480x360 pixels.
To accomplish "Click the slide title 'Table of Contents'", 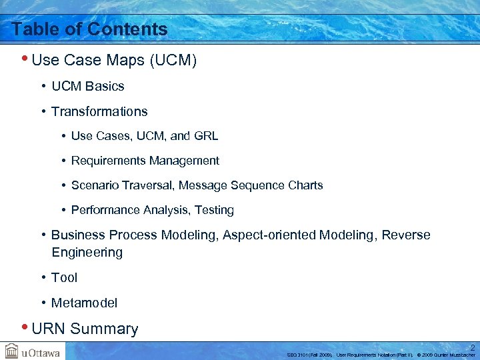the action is tap(89, 29).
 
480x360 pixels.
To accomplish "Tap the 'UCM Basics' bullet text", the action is tap(87, 86).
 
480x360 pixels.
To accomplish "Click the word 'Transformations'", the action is tap(99, 111).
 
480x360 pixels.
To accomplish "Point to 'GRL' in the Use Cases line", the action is tap(205, 136).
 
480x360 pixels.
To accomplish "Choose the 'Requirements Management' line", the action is tap(145, 161).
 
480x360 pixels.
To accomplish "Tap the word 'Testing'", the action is tap(214, 210).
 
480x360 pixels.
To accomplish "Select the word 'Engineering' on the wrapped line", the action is tap(87, 253).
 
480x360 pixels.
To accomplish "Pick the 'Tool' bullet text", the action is tap(64, 277).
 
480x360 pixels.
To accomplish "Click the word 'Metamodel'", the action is tap(84, 303).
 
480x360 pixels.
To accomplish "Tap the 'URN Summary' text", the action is tap(85, 329).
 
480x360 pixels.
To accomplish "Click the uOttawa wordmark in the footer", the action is tap(39, 351).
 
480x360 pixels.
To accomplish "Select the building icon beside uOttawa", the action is tap(11, 351).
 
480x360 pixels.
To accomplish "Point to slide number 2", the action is tap(471, 347).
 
